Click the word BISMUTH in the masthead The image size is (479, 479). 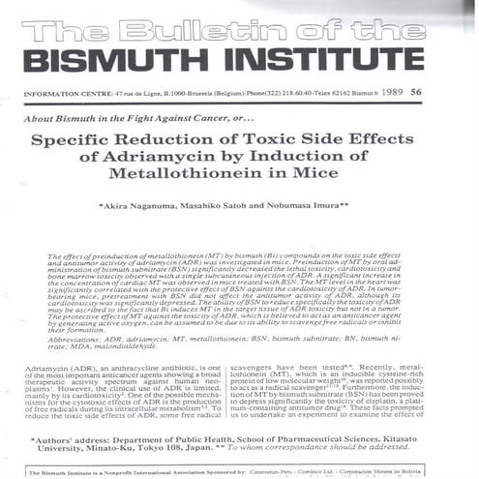[x=102, y=61]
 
